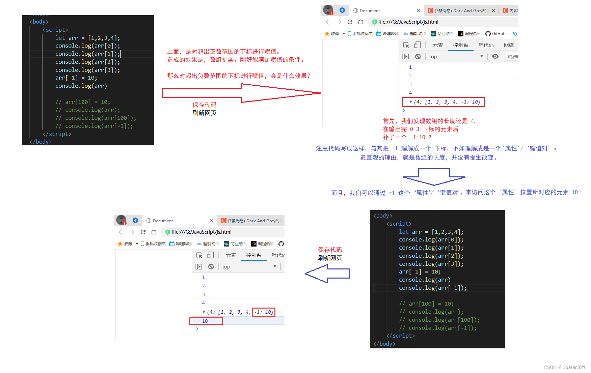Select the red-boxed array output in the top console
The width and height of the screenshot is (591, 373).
coord(443,102)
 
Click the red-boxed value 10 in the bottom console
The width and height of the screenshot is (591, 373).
coord(205,321)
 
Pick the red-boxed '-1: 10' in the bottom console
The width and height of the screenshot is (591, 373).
coord(264,312)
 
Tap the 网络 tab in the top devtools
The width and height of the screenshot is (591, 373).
coord(509,45)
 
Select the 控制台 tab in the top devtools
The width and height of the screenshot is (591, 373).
coord(460,45)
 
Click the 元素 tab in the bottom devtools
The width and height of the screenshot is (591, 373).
coord(231,255)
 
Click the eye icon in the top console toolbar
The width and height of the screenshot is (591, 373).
coord(495,57)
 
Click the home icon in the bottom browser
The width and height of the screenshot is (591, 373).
coord(154,232)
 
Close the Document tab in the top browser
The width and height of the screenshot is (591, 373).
coord(419,10)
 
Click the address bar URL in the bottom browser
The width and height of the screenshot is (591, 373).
coord(201,232)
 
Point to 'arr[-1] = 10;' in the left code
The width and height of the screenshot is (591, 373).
coord(76,78)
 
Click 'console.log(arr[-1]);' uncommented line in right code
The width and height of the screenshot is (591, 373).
coord(433,288)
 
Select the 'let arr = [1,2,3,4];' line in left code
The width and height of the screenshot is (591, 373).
coord(87,38)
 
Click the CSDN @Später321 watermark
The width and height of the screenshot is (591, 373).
coord(564,367)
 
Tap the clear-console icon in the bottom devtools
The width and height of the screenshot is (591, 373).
coord(211,267)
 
